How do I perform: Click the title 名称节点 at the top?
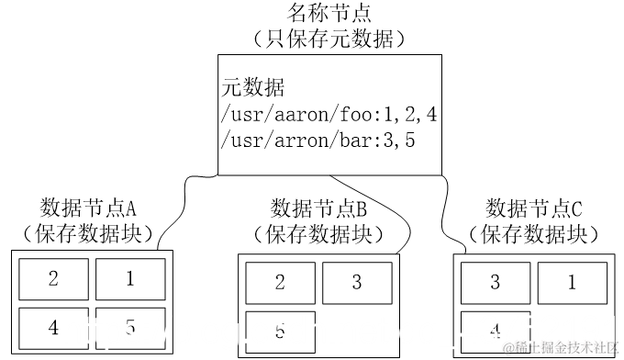(x=329, y=14)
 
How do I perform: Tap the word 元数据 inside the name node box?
(x=254, y=88)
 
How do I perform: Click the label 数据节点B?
(x=319, y=205)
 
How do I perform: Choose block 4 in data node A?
(x=53, y=327)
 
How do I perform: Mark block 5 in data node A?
(x=130, y=327)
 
